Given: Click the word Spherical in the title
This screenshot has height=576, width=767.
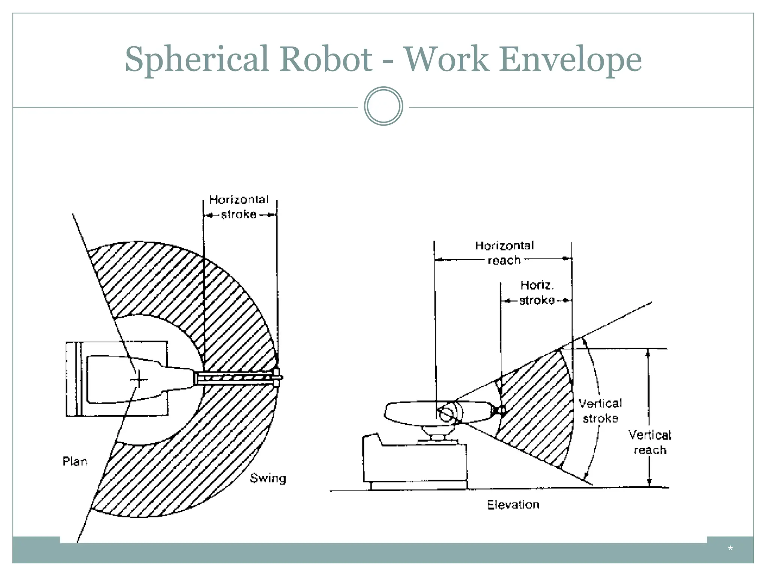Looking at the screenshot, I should coord(197,59).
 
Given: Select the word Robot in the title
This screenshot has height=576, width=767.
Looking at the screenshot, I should coord(326,59).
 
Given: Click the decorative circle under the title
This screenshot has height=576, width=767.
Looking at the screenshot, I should coord(383,106).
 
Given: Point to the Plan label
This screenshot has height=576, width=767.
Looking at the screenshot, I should coord(75,461).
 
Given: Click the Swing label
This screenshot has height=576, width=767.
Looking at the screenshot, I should coord(268,478).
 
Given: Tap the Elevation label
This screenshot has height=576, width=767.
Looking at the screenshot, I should coord(513,505).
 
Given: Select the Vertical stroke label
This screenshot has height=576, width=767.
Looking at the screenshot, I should coord(600,411).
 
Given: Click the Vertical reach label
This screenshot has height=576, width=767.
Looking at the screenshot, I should coord(650,442).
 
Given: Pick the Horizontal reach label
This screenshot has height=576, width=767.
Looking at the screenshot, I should coord(504,252).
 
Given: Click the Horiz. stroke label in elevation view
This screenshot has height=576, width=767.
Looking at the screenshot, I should coord(537,293).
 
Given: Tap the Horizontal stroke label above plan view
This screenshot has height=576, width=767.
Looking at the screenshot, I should coord(239,207).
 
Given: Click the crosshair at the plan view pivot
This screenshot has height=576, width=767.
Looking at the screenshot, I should coord(139,379).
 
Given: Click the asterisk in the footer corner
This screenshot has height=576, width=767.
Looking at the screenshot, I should coord(730,549).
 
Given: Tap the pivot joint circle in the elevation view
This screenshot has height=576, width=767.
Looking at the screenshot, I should coord(446,414).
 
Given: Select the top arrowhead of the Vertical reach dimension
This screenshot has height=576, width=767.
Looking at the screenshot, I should coord(649,352).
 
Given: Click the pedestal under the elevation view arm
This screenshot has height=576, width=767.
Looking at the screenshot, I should coord(437,435).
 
